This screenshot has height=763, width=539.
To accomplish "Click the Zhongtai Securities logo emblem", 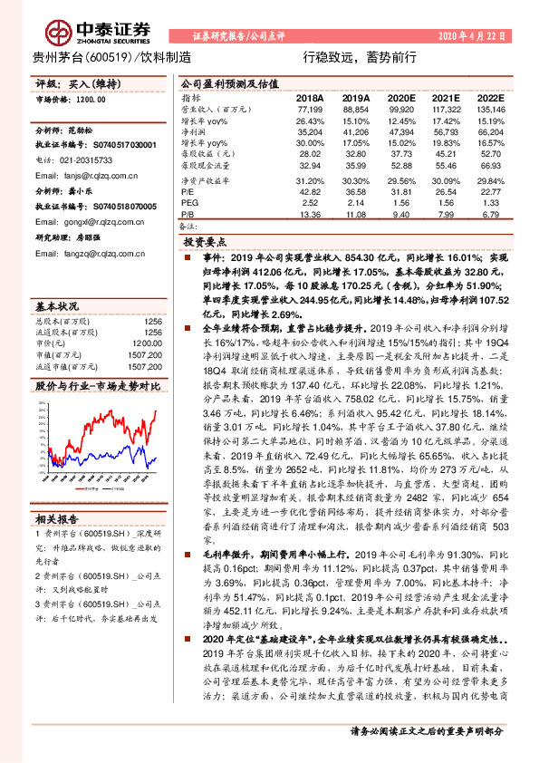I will pyautogui.click(x=63, y=32).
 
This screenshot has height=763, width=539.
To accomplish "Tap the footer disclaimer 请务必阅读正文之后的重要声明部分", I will pyautogui.click(x=427, y=755).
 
